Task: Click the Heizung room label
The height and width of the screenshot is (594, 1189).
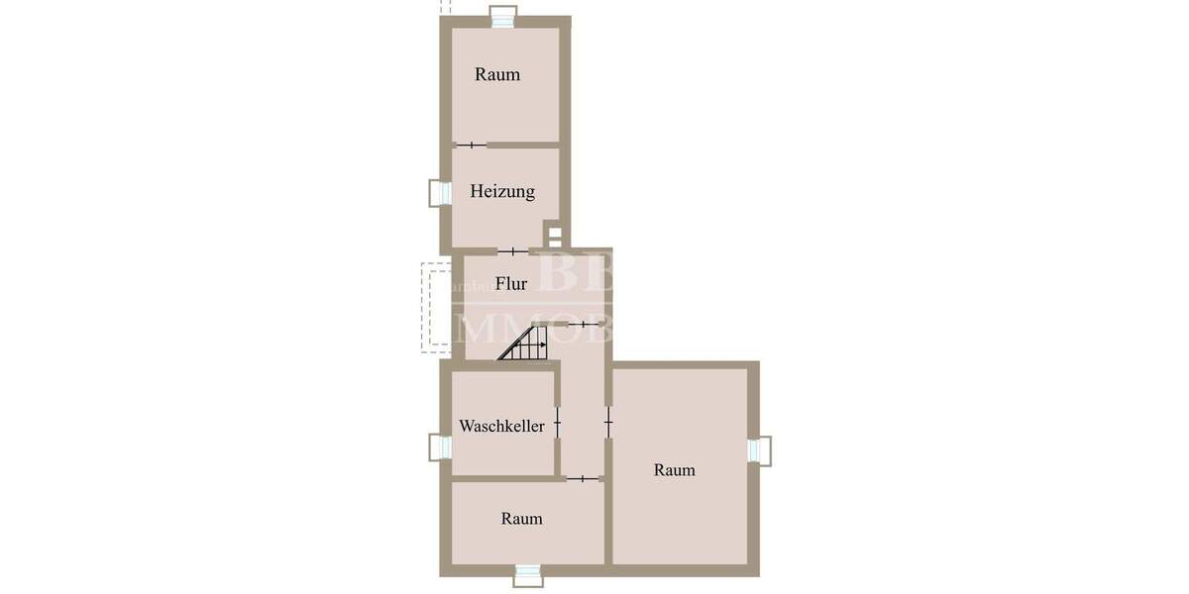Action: (x=502, y=192)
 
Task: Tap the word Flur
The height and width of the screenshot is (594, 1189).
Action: (x=511, y=284)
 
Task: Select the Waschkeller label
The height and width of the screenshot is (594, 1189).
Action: (x=501, y=426)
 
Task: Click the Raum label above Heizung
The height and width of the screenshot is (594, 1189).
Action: (x=497, y=74)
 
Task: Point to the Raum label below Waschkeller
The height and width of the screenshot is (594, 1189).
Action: (x=521, y=518)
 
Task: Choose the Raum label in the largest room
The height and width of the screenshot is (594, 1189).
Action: (x=675, y=470)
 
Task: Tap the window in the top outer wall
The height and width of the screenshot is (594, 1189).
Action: (x=504, y=17)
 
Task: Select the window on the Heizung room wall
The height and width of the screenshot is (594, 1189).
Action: (x=437, y=192)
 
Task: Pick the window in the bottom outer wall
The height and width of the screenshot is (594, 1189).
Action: (x=527, y=574)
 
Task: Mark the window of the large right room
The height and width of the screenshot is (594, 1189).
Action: (x=760, y=449)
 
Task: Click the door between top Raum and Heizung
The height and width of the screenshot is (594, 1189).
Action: (x=472, y=146)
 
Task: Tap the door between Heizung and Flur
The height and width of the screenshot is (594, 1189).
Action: (x=512, y=251)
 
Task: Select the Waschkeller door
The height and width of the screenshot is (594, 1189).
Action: (x=557, y=424)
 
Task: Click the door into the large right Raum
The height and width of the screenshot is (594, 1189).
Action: (x=608, y=423)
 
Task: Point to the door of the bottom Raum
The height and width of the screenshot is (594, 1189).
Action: (x=583, y=479)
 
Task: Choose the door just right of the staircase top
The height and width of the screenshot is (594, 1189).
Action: (x=584, y=324)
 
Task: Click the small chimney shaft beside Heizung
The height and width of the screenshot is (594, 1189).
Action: (x=555, y=237)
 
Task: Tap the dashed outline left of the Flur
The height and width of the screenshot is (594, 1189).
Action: (x=437, y=306)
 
